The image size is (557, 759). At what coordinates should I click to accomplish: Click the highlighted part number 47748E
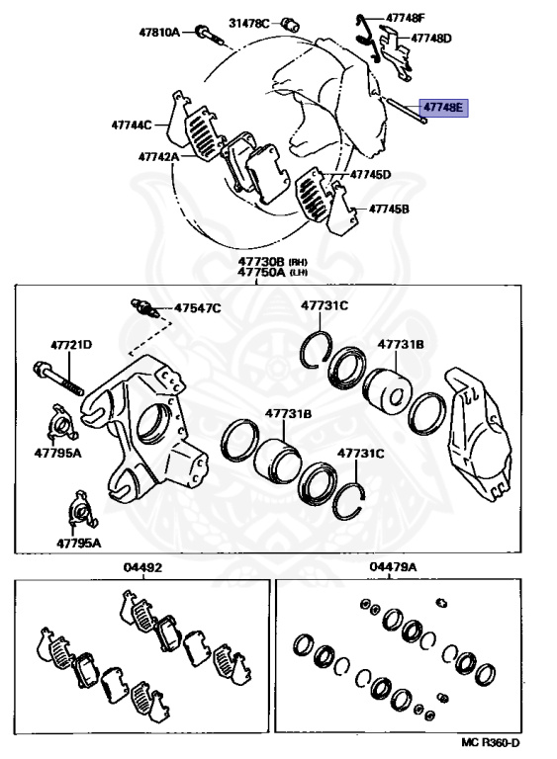click(443, 107)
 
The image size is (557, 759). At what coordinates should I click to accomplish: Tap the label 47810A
click(159, 33)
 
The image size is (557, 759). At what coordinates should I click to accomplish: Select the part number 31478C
click(248, 23)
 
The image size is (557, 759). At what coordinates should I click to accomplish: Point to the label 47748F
click(406, 19)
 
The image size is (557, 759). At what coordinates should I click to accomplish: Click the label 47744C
click(132, 125)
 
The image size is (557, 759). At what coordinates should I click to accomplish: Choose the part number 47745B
click(389, 209)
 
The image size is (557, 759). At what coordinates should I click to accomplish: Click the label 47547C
click(197, 308)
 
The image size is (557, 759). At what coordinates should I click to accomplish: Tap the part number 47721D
click(71, 345)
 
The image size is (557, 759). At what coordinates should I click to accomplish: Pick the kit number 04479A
click(393, 566)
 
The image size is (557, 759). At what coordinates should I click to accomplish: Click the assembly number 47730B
click(261, 262)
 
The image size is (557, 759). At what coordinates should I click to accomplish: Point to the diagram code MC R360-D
click(490, 742)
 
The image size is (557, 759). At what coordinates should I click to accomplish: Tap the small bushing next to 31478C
click(291, 24)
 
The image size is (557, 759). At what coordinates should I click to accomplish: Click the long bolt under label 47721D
click(58, 379)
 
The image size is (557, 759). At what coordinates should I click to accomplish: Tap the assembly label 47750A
click(261, 272)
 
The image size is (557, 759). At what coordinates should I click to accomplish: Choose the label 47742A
click(158, 157)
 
